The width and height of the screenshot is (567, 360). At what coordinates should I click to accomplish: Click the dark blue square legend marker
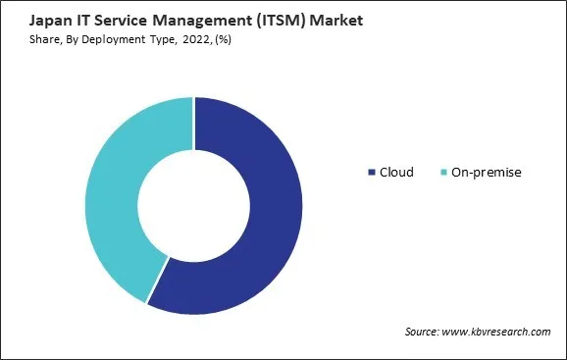click(372, 173)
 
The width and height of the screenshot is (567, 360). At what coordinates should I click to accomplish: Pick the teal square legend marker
click(443, 173)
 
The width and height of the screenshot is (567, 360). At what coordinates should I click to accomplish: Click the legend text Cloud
click(396, 173)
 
